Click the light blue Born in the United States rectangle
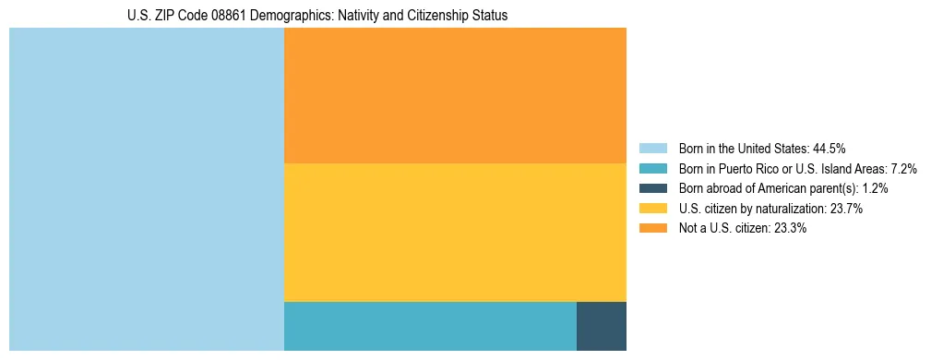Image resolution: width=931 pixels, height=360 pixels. pyautogui.click(x=146, y=189)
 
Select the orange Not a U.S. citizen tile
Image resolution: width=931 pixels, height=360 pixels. pyautogui.click(x=455, y=95)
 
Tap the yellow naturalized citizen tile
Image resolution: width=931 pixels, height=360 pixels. pyautogui.click(x=455, y=232)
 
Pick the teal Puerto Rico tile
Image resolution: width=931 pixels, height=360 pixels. pyautogui.click(x=430, y=326)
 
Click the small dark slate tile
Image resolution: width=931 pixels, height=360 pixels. pyautogui.click(x=602, y=326)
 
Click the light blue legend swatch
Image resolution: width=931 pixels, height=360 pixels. pyautogui.click(x=652, y=148)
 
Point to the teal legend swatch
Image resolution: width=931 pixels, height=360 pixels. pyautogui.click(x=652, y=168)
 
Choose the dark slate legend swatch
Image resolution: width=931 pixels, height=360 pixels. pyautogui.click(x=652, y=188)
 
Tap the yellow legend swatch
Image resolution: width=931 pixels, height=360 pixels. pyautogui.click(x=652, y=209)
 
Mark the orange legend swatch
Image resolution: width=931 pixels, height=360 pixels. pyautogui.click(x=652, y=229)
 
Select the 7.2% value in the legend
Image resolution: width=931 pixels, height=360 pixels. pyautogui.click(x=901, y=168)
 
